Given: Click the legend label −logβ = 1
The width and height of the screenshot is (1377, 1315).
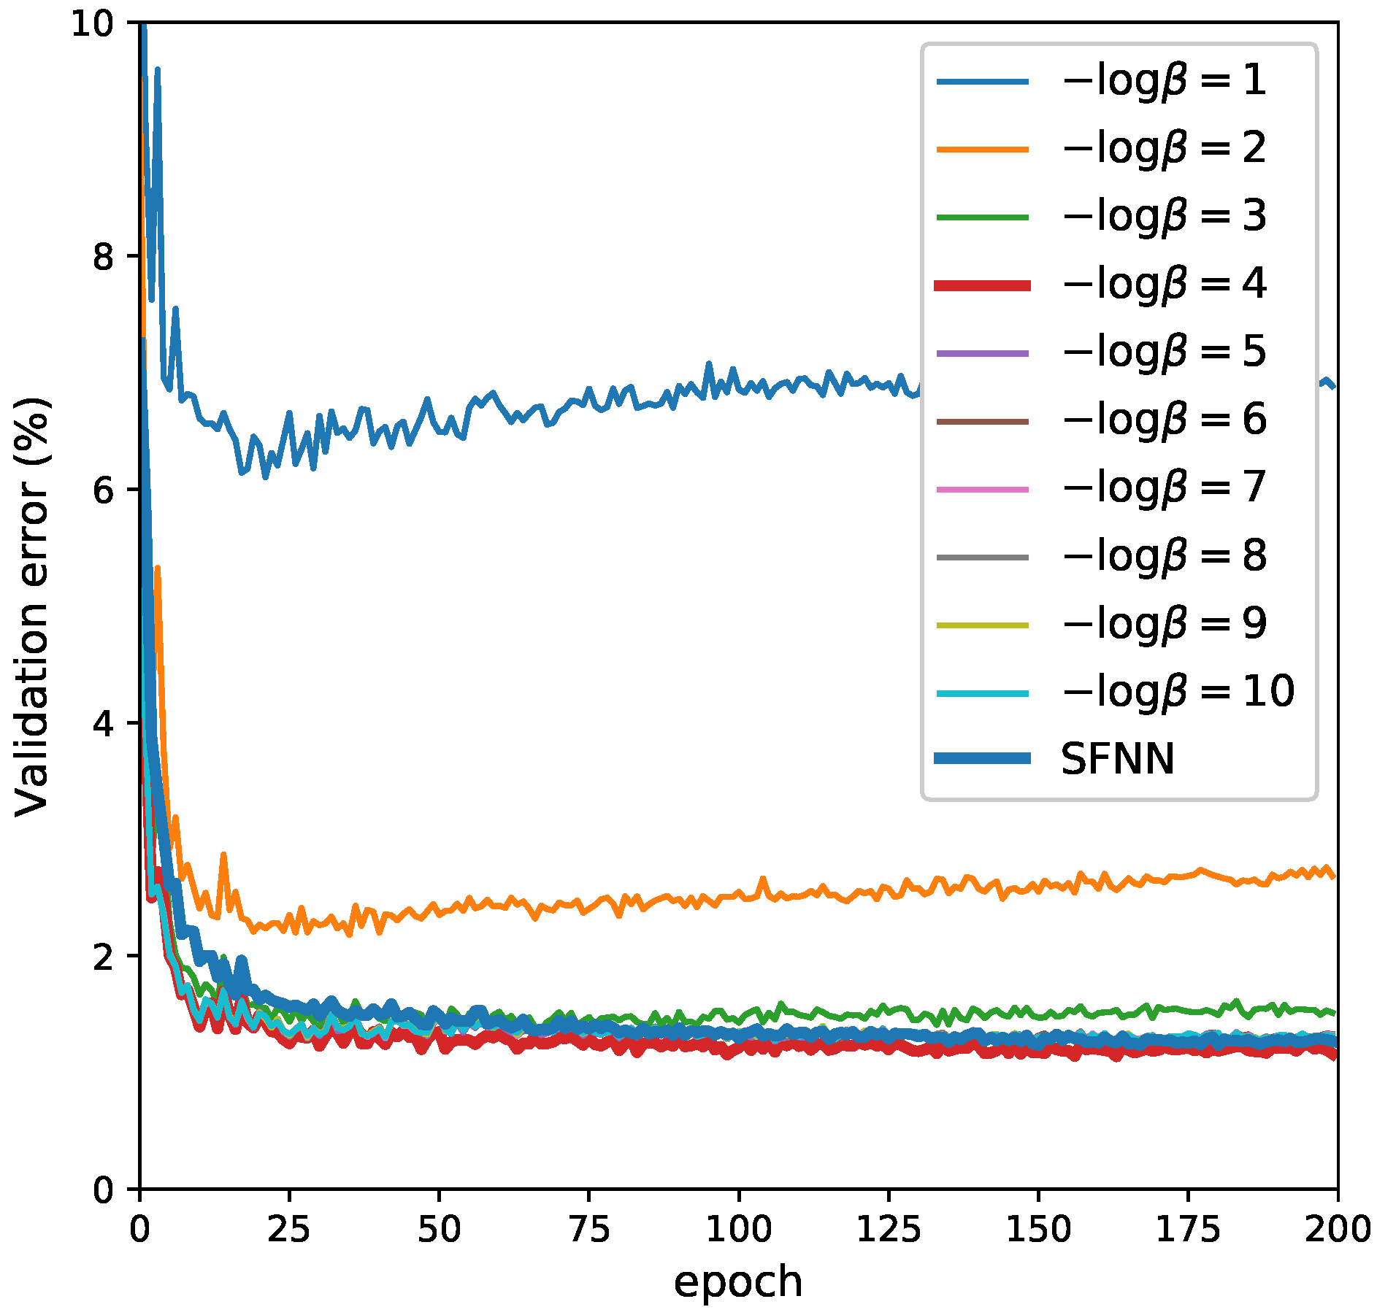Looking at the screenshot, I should pyautogui.click(x=1164, y=80).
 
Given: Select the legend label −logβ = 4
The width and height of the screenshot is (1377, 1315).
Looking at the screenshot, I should pyautogui.click(x=1164, y=284).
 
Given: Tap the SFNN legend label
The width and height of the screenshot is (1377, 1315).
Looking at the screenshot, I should pyautogui.click(x=1117, y=759).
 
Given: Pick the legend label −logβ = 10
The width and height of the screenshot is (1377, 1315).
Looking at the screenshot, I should pyautogui.click(x=1178, y=691).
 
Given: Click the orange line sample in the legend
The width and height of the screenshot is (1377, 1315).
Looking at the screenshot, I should pyautogui.click(x=982, y=149).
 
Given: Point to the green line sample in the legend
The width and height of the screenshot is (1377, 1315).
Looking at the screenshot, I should pyautogui.click(x=982, y=217).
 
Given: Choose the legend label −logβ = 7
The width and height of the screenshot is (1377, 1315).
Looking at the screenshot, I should pyautogui.click(x=1164, y=487).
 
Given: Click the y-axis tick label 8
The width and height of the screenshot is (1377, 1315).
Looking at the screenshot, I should pyautogui.click(x=104, y=257).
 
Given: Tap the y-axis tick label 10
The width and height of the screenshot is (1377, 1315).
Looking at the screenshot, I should pyautogui.click(x=93, y=24).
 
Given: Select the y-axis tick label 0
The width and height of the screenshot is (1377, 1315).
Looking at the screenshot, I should pyautogui.click(x=104, y=1190).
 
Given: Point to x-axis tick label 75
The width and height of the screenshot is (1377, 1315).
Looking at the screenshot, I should pyautogui.click(x=588, y=1230).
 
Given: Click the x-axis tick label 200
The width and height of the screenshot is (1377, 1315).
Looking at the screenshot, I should pyautogui.click(x=1338, y=1230).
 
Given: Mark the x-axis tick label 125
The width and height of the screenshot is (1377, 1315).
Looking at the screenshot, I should pyautogui.click(x=889, y=1230).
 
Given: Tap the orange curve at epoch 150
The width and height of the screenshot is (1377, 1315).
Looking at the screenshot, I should pyautogui.click(x=1038, y=890).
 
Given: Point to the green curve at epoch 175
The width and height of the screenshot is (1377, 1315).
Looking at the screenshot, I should pyautogui.click(x=1188, y=1009).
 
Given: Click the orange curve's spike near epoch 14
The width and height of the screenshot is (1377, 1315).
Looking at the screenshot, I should pyautogui.click(x=223, y=855).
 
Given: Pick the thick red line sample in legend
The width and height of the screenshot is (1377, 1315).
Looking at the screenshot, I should pyautogui.click(x=982, y=285).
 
